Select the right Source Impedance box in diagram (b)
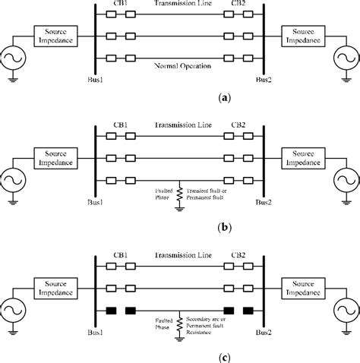(302, 158)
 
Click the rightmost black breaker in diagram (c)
(248, 309)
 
